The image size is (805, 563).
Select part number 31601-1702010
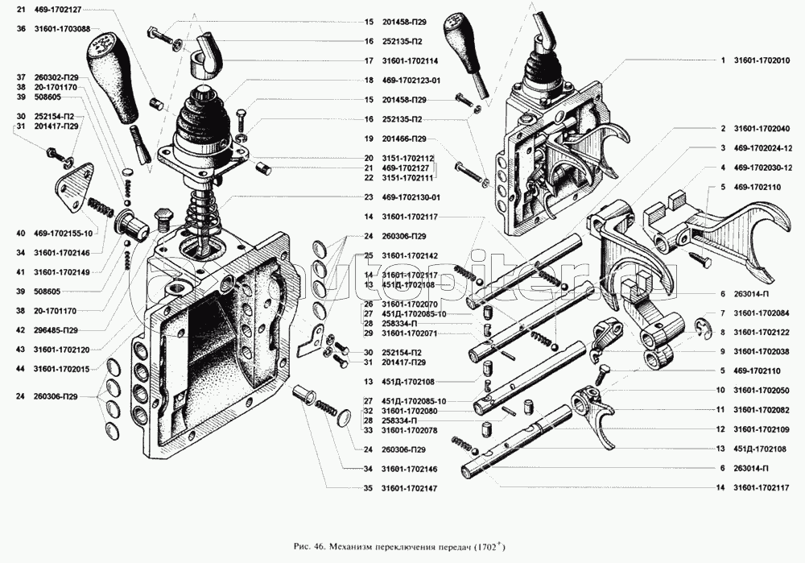761,60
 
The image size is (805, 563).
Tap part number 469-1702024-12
763,148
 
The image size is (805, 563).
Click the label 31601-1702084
761,313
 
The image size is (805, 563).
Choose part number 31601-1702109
761,428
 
